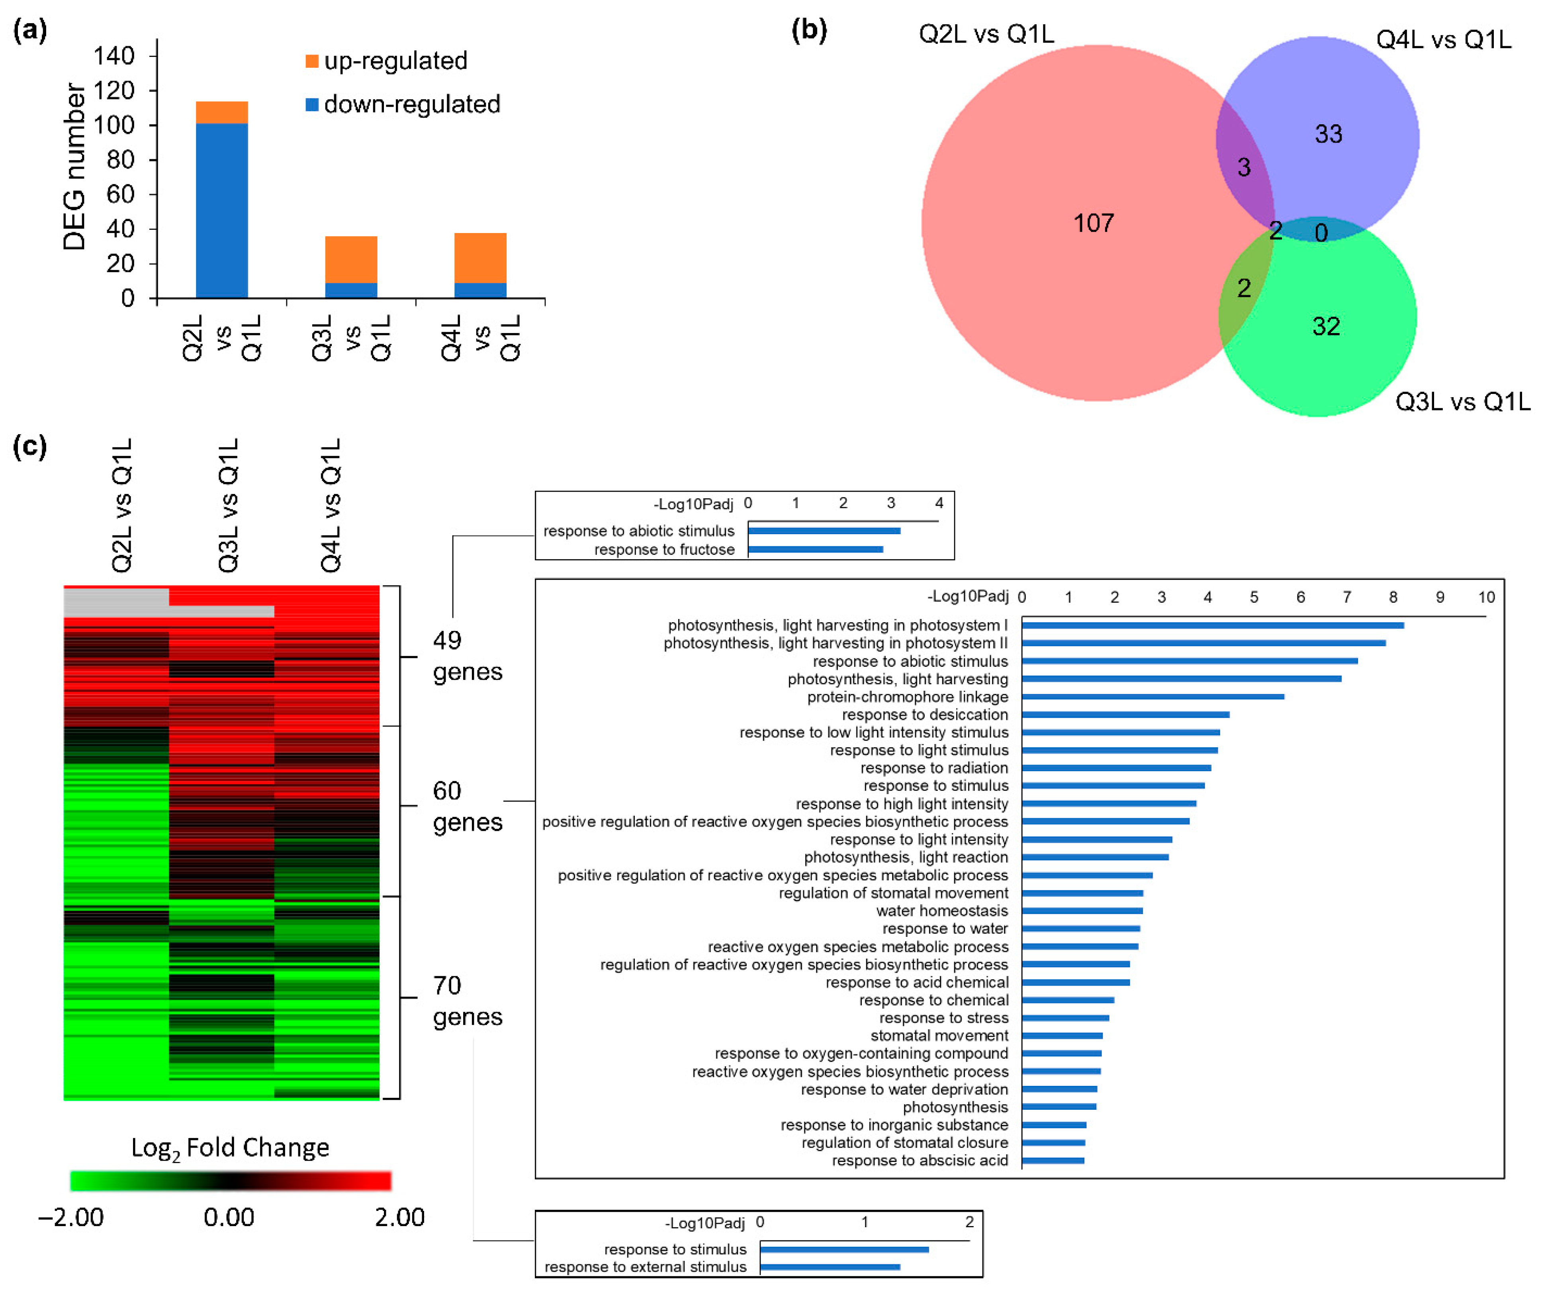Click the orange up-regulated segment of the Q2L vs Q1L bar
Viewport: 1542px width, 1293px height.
(x=222, y=112)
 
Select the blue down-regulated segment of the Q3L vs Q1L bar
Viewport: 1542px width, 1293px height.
(x=351, y=290)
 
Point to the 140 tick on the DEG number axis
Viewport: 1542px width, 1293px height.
(x=115, y=56)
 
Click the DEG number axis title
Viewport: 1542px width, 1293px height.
(x=74, y=167)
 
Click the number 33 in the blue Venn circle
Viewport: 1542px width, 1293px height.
(x=1328, y=134)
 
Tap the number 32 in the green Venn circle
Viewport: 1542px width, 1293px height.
(x=1326, y=326)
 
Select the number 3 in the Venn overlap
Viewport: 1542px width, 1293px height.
(x=1244, y=168)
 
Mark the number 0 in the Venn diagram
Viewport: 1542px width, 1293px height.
(x=1321, y=233)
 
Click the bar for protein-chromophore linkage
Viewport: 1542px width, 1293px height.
(x=1153, y=696)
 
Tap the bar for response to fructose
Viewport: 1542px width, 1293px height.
(x=815, y=550)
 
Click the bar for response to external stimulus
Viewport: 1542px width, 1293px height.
(x=830, y=1267)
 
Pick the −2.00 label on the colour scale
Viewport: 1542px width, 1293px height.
(x=71, y=1217)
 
